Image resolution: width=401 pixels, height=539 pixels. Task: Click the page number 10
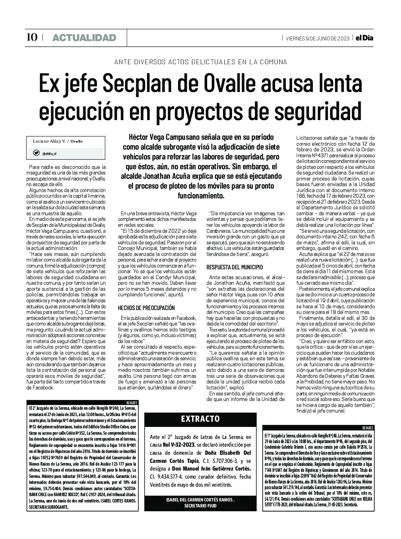(x=32, y=37)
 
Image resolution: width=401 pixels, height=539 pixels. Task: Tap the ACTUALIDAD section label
(x=84, y=38)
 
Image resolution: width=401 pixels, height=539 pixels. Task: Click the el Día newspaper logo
(x=363, y=38)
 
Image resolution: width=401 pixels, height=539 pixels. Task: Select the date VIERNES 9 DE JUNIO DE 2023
(x=317, y=38)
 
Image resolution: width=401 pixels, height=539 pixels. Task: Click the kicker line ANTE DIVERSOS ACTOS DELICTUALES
(x=200, y=62)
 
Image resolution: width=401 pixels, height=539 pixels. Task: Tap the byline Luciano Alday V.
(x=49, y=141)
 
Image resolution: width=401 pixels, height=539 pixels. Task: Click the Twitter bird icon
(x=36, y=153)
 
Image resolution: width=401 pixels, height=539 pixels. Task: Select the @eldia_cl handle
(x=50, y=153)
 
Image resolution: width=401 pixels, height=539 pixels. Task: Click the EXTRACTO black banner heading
(x=200, y=419)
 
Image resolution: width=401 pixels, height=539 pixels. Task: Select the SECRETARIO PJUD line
(x=200, y=505)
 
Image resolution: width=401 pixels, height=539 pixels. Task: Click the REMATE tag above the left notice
(x=132, y=402)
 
